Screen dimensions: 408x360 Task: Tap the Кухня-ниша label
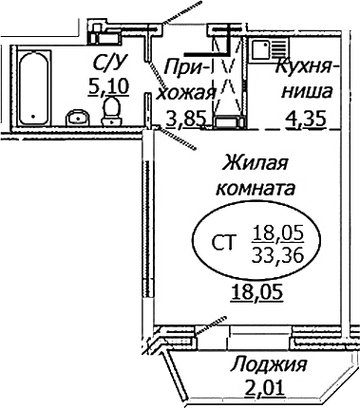(304, 80)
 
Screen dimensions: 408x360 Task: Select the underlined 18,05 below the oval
(257, 292)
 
